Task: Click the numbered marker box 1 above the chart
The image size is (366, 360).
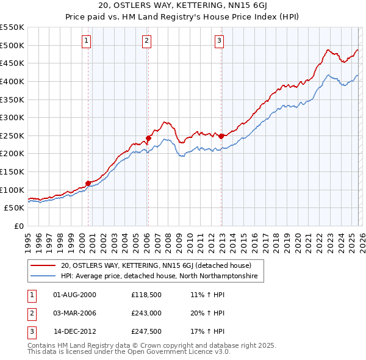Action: coord(86,41)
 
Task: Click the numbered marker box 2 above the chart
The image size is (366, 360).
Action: coord(147,41)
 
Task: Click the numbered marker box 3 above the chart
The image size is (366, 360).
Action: coord(219,41)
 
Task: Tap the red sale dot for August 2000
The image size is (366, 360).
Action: coord(88,182)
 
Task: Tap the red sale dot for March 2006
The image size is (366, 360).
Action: coord(148,138)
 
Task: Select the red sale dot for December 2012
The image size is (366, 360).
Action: coord(221,136)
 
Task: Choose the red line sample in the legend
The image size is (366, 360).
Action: coord(43,266)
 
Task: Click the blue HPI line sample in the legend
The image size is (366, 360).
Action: coord(43,276)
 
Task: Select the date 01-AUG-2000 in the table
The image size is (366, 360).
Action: coord(74,294)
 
